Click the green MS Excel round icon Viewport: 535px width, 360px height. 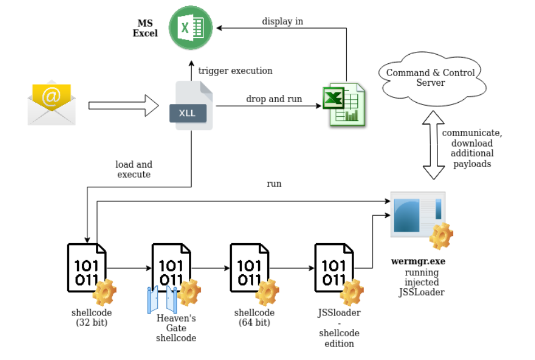coord(194,27)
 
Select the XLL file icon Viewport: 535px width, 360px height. coord(190,106)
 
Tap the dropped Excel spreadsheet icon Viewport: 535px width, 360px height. coord(343,104)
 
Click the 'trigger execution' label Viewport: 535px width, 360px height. coord(235,71)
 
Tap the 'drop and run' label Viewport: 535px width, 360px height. coord(274,99)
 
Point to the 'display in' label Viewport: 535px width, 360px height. coord(282,21)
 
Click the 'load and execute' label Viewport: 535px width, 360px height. coord(134,169)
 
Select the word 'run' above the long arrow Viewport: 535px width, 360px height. coord(274,183)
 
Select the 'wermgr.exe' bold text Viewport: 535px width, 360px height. coord(417,262)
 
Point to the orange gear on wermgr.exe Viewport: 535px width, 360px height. coord(441,236)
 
